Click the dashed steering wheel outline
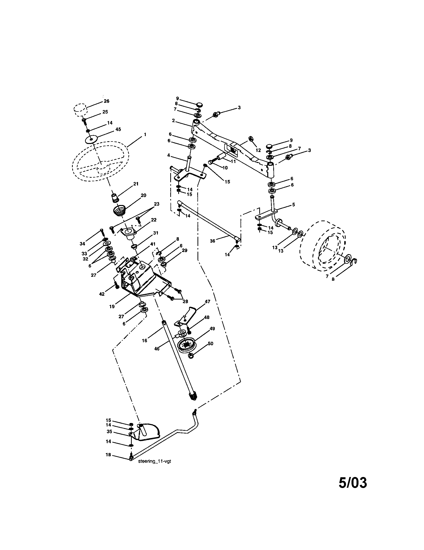[x=101, y=161]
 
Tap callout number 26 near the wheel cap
[x=106, y=101]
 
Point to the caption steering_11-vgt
[x=154, y=461]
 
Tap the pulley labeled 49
[x=186, y=344]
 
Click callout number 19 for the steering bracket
[x=112, y=306]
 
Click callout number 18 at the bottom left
[x=108, y=455]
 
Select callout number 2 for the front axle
[x=173, y=121]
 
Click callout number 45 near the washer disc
[x=118, y=129]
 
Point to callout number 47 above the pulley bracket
[x=207, y=301]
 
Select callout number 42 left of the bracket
[x=102, y=294]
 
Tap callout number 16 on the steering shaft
[x=144, y=340]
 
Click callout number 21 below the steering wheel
[x=136, y=184]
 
